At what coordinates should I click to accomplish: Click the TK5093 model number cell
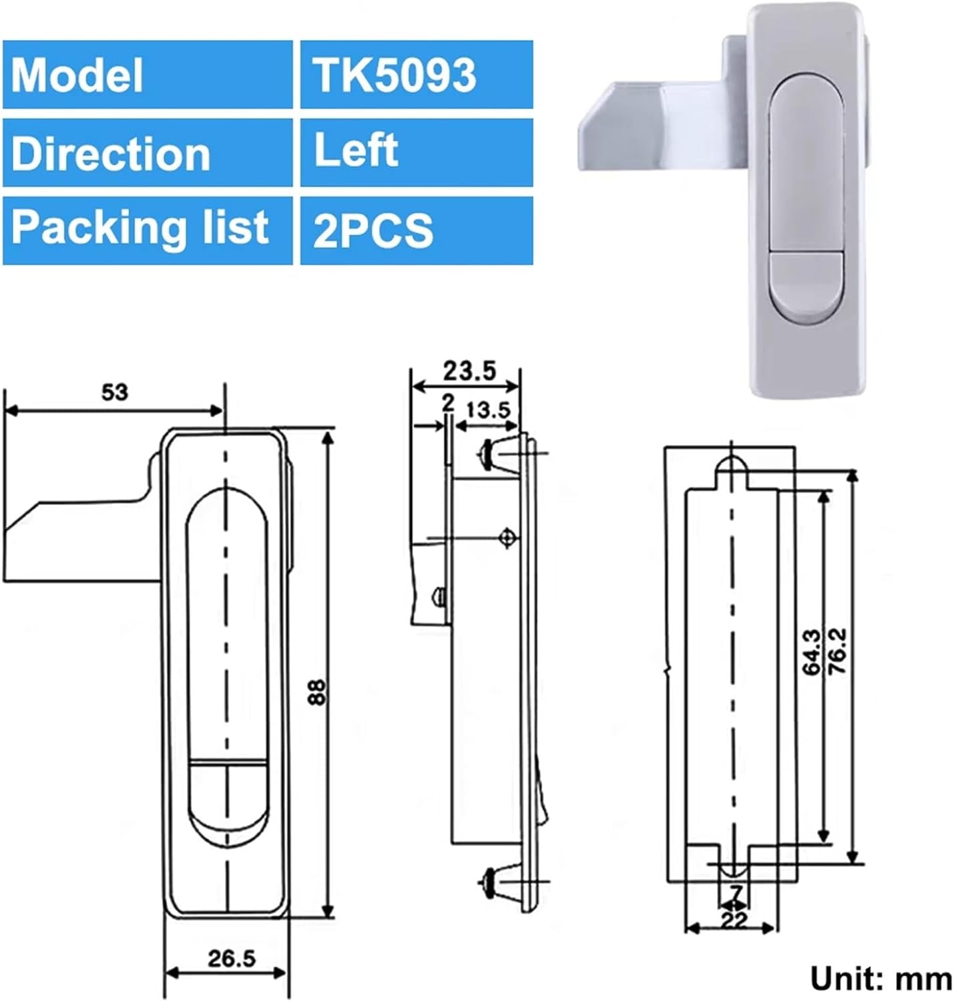click(416, 74)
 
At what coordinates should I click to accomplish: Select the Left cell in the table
click(416, 152)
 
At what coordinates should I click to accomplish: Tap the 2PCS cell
click(416, 230)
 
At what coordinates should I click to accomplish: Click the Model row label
click(147, 74)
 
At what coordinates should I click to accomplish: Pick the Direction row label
click(147, 153)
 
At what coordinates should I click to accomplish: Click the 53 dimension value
click(114, 393)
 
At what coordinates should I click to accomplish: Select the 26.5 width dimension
click(232, 959)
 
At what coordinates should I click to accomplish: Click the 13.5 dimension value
click(488, 409)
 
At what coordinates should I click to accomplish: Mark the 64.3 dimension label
click(812, 653)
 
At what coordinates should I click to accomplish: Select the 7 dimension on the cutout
click(736, 893)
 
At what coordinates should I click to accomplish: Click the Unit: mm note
click(881, 979)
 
